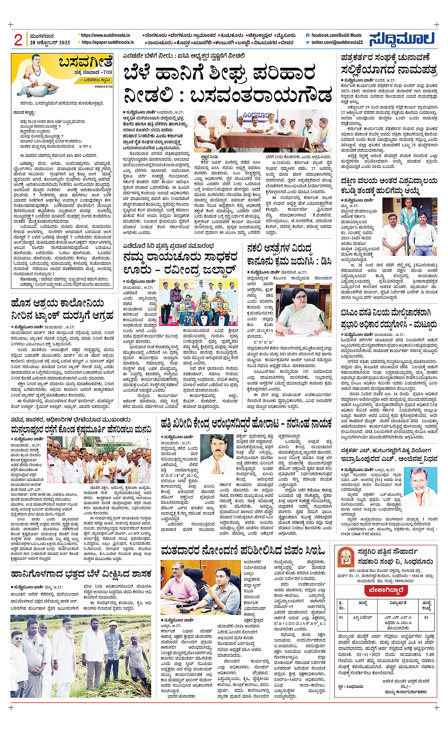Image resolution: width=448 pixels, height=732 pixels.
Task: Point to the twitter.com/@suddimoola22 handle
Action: click(337, 42)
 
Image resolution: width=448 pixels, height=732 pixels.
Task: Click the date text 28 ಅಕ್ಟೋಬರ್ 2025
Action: click(50, 43)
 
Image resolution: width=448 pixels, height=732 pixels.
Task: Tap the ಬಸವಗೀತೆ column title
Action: click(86, 63)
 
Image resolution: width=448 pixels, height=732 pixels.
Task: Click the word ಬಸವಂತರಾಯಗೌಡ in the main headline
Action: click(261, 95)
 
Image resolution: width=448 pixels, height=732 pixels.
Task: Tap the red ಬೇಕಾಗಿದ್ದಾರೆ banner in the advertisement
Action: click(386, 590)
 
